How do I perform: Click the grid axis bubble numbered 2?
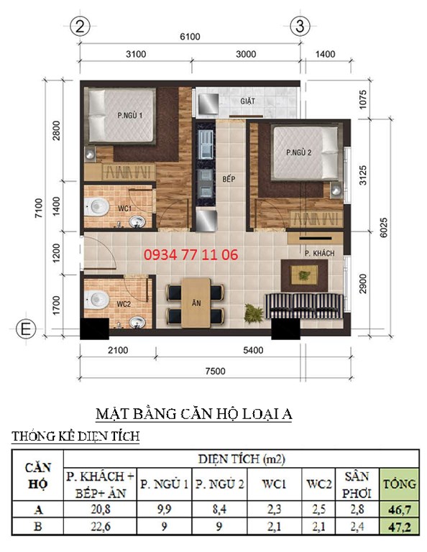pos(80,27)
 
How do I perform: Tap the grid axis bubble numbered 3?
pos(300,26)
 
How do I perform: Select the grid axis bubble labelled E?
pos(26,329)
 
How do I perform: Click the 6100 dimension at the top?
pos(190,37)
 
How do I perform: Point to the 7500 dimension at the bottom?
pos(215,371)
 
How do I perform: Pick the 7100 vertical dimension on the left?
pos(39,208)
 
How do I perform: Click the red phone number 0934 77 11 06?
pos(190,254)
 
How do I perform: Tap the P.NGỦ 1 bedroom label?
pos(130,115)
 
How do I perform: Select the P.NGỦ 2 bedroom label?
pos(299,152)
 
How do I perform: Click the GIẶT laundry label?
pos(248,101)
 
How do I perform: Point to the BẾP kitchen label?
pos(229,179)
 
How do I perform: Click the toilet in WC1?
pos(96,207)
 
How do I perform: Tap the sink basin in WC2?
pos(137,323)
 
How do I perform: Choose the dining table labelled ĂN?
pos(196,303)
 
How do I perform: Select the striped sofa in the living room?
pos(303,305)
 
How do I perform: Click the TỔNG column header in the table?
pos(399,484)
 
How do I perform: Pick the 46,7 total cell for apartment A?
pos(399,509)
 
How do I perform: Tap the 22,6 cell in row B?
pos(101,526)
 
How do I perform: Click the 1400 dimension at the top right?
pos(325,54)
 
